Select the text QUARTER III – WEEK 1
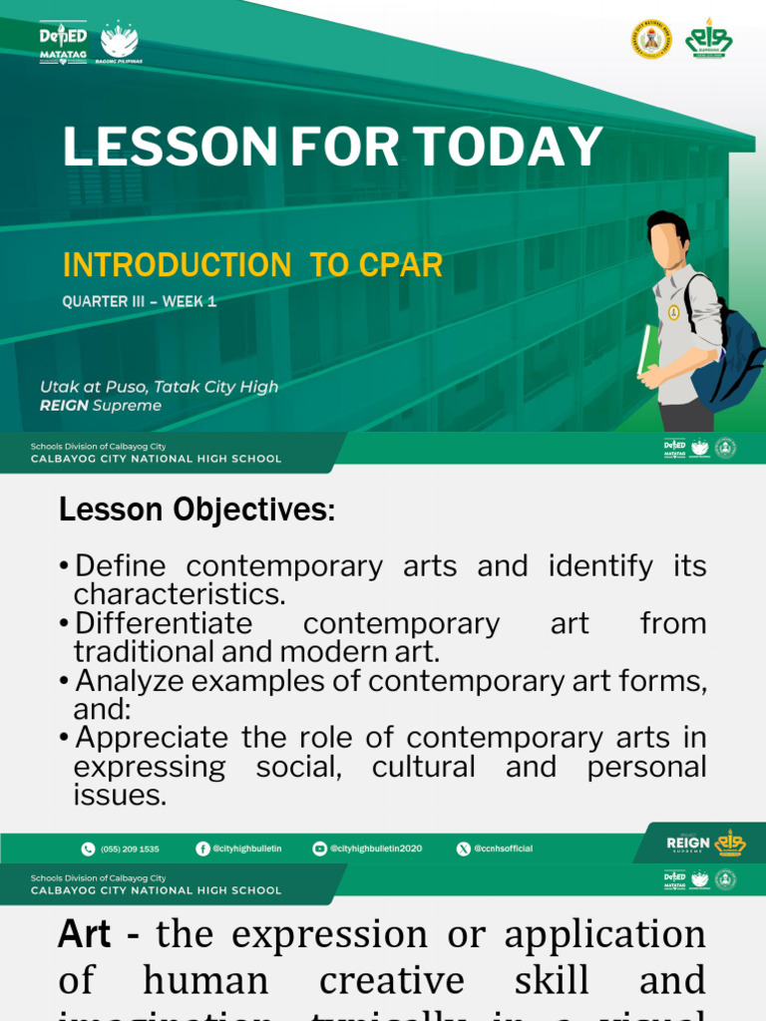tap(139, 301)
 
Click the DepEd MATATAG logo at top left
tap(64, 43)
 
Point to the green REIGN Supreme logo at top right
tap(709, 39)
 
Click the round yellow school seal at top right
tap(651, 39)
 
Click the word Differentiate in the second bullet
tap(164, 624)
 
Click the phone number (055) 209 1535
tap(130, 849)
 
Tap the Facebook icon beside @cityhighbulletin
tap(202, 849)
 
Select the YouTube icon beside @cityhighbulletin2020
tap(319, 849)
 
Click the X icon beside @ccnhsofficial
tap(463, 849)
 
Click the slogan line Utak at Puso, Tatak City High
tap(159, 387)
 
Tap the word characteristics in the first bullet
tap(180, 595)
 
